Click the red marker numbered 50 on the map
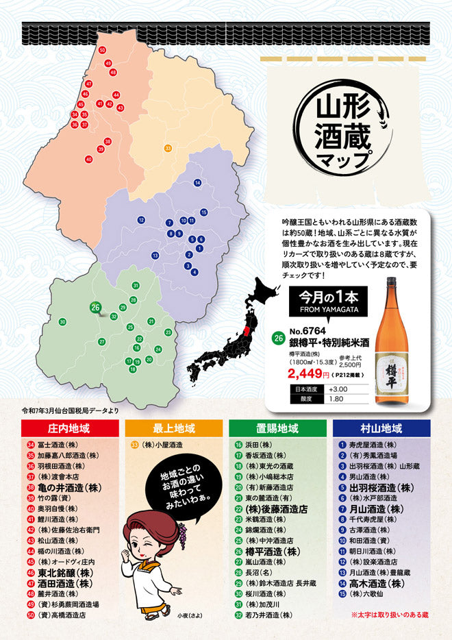tap(102, 50)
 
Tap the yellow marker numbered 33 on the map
tap(168, 148)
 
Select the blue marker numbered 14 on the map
tap(197, 182)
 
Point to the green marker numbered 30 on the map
tap(62, 321)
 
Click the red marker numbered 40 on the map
tap(88, 159)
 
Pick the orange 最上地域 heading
tap(173, 429)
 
